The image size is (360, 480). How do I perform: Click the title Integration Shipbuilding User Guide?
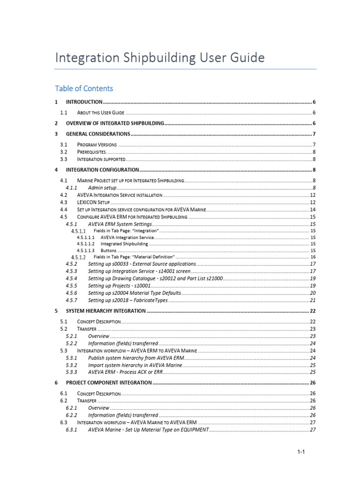[x=160, y=58]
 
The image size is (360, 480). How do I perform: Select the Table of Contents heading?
[x=84, y=88]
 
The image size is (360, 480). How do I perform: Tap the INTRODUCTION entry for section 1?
[x=84, y=102]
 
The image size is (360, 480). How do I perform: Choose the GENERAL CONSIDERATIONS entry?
[x=97, y=134]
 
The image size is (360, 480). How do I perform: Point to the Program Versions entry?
[x=97, y=144]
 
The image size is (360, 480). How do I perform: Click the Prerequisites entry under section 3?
[x=91, y=152]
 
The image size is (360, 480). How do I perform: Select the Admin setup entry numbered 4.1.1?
[x=102, y=187]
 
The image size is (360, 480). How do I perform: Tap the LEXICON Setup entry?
[x=93, y=202]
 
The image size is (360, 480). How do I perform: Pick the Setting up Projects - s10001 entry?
[x=119, y=285]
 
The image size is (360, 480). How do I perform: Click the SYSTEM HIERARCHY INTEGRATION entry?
[x=106, y=311]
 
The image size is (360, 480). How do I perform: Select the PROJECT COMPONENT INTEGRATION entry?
[x=109, y=382]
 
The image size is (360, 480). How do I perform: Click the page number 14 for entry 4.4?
[x=313, y=210]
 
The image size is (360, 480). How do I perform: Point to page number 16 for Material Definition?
[x=313, y=257]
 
